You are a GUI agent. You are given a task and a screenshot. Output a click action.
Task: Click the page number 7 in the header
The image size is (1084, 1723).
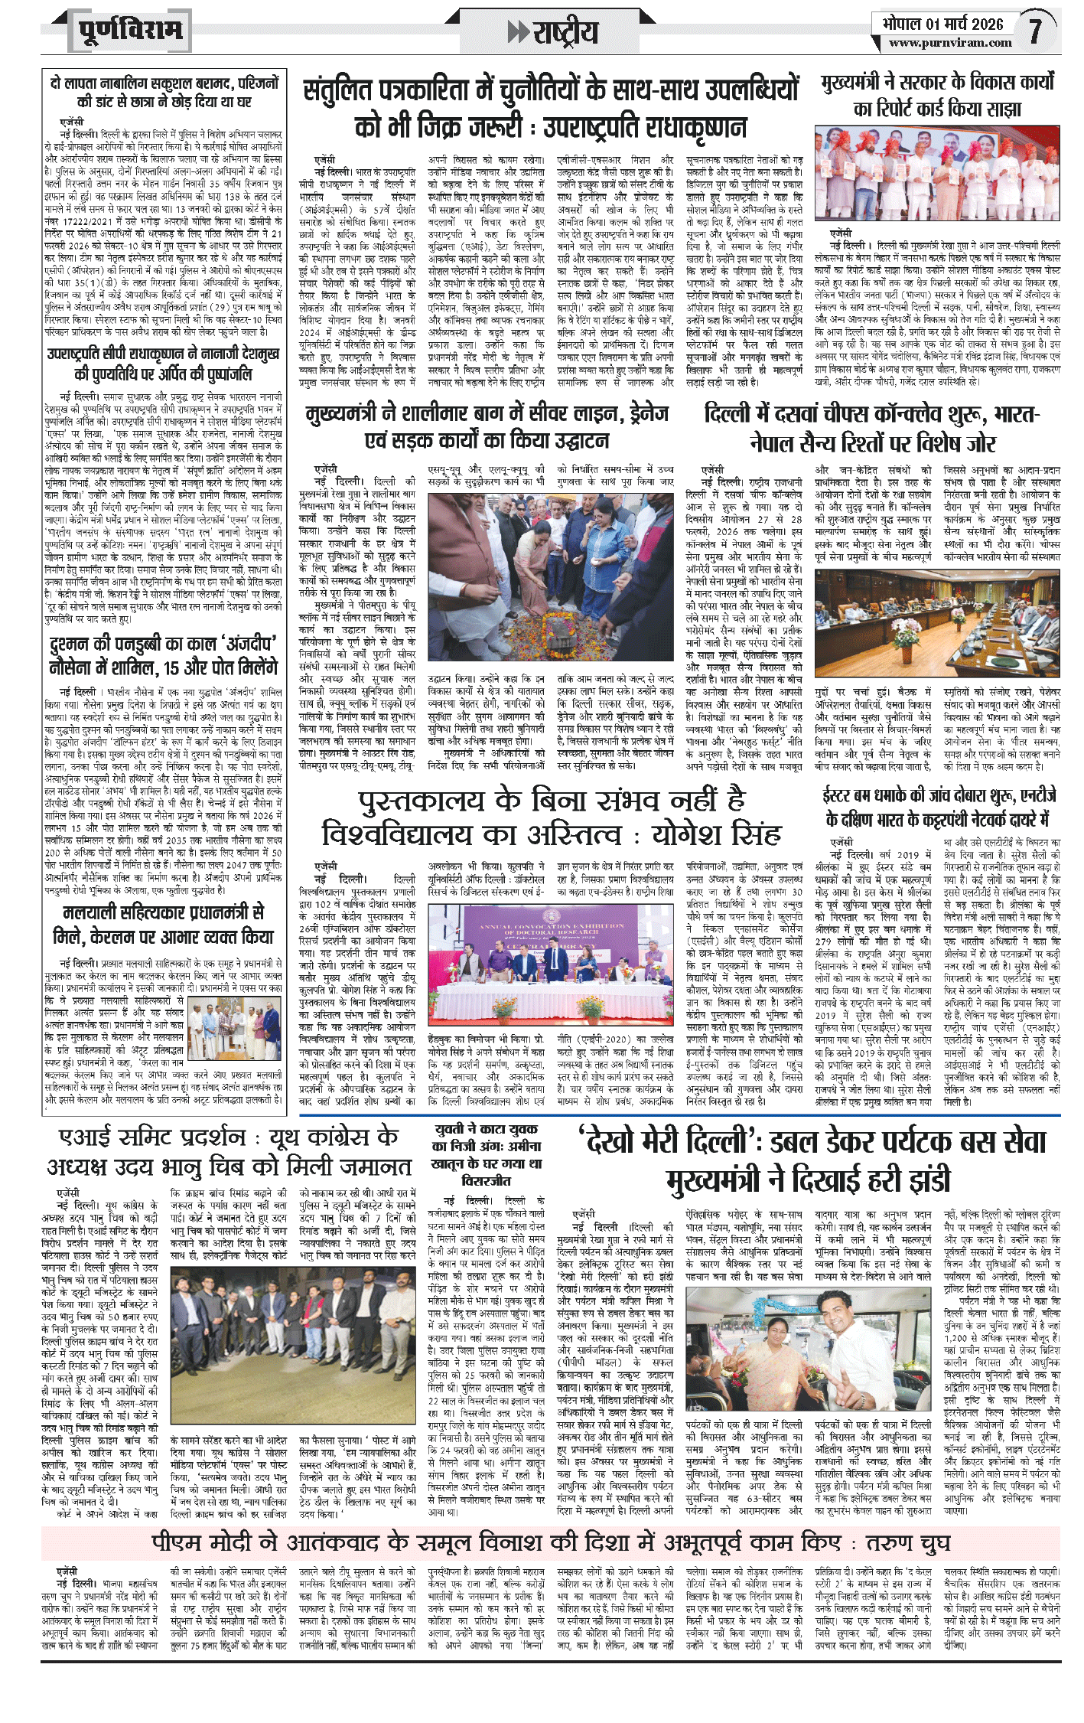[x=1036, y=31]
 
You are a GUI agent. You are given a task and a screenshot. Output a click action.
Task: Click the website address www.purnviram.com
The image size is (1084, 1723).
[x=950, y=43]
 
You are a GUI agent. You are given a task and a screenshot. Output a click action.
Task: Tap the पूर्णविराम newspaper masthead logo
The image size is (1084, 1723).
[x=131, y=31]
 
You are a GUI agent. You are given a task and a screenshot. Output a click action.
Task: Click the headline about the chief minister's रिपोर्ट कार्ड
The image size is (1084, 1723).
[x=937, y=95]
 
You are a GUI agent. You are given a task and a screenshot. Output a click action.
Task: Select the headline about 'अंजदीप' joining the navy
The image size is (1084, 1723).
[x=161, y=655]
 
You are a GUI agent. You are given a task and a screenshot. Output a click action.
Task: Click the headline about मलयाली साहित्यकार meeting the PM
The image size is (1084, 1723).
[x=162, y=925]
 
